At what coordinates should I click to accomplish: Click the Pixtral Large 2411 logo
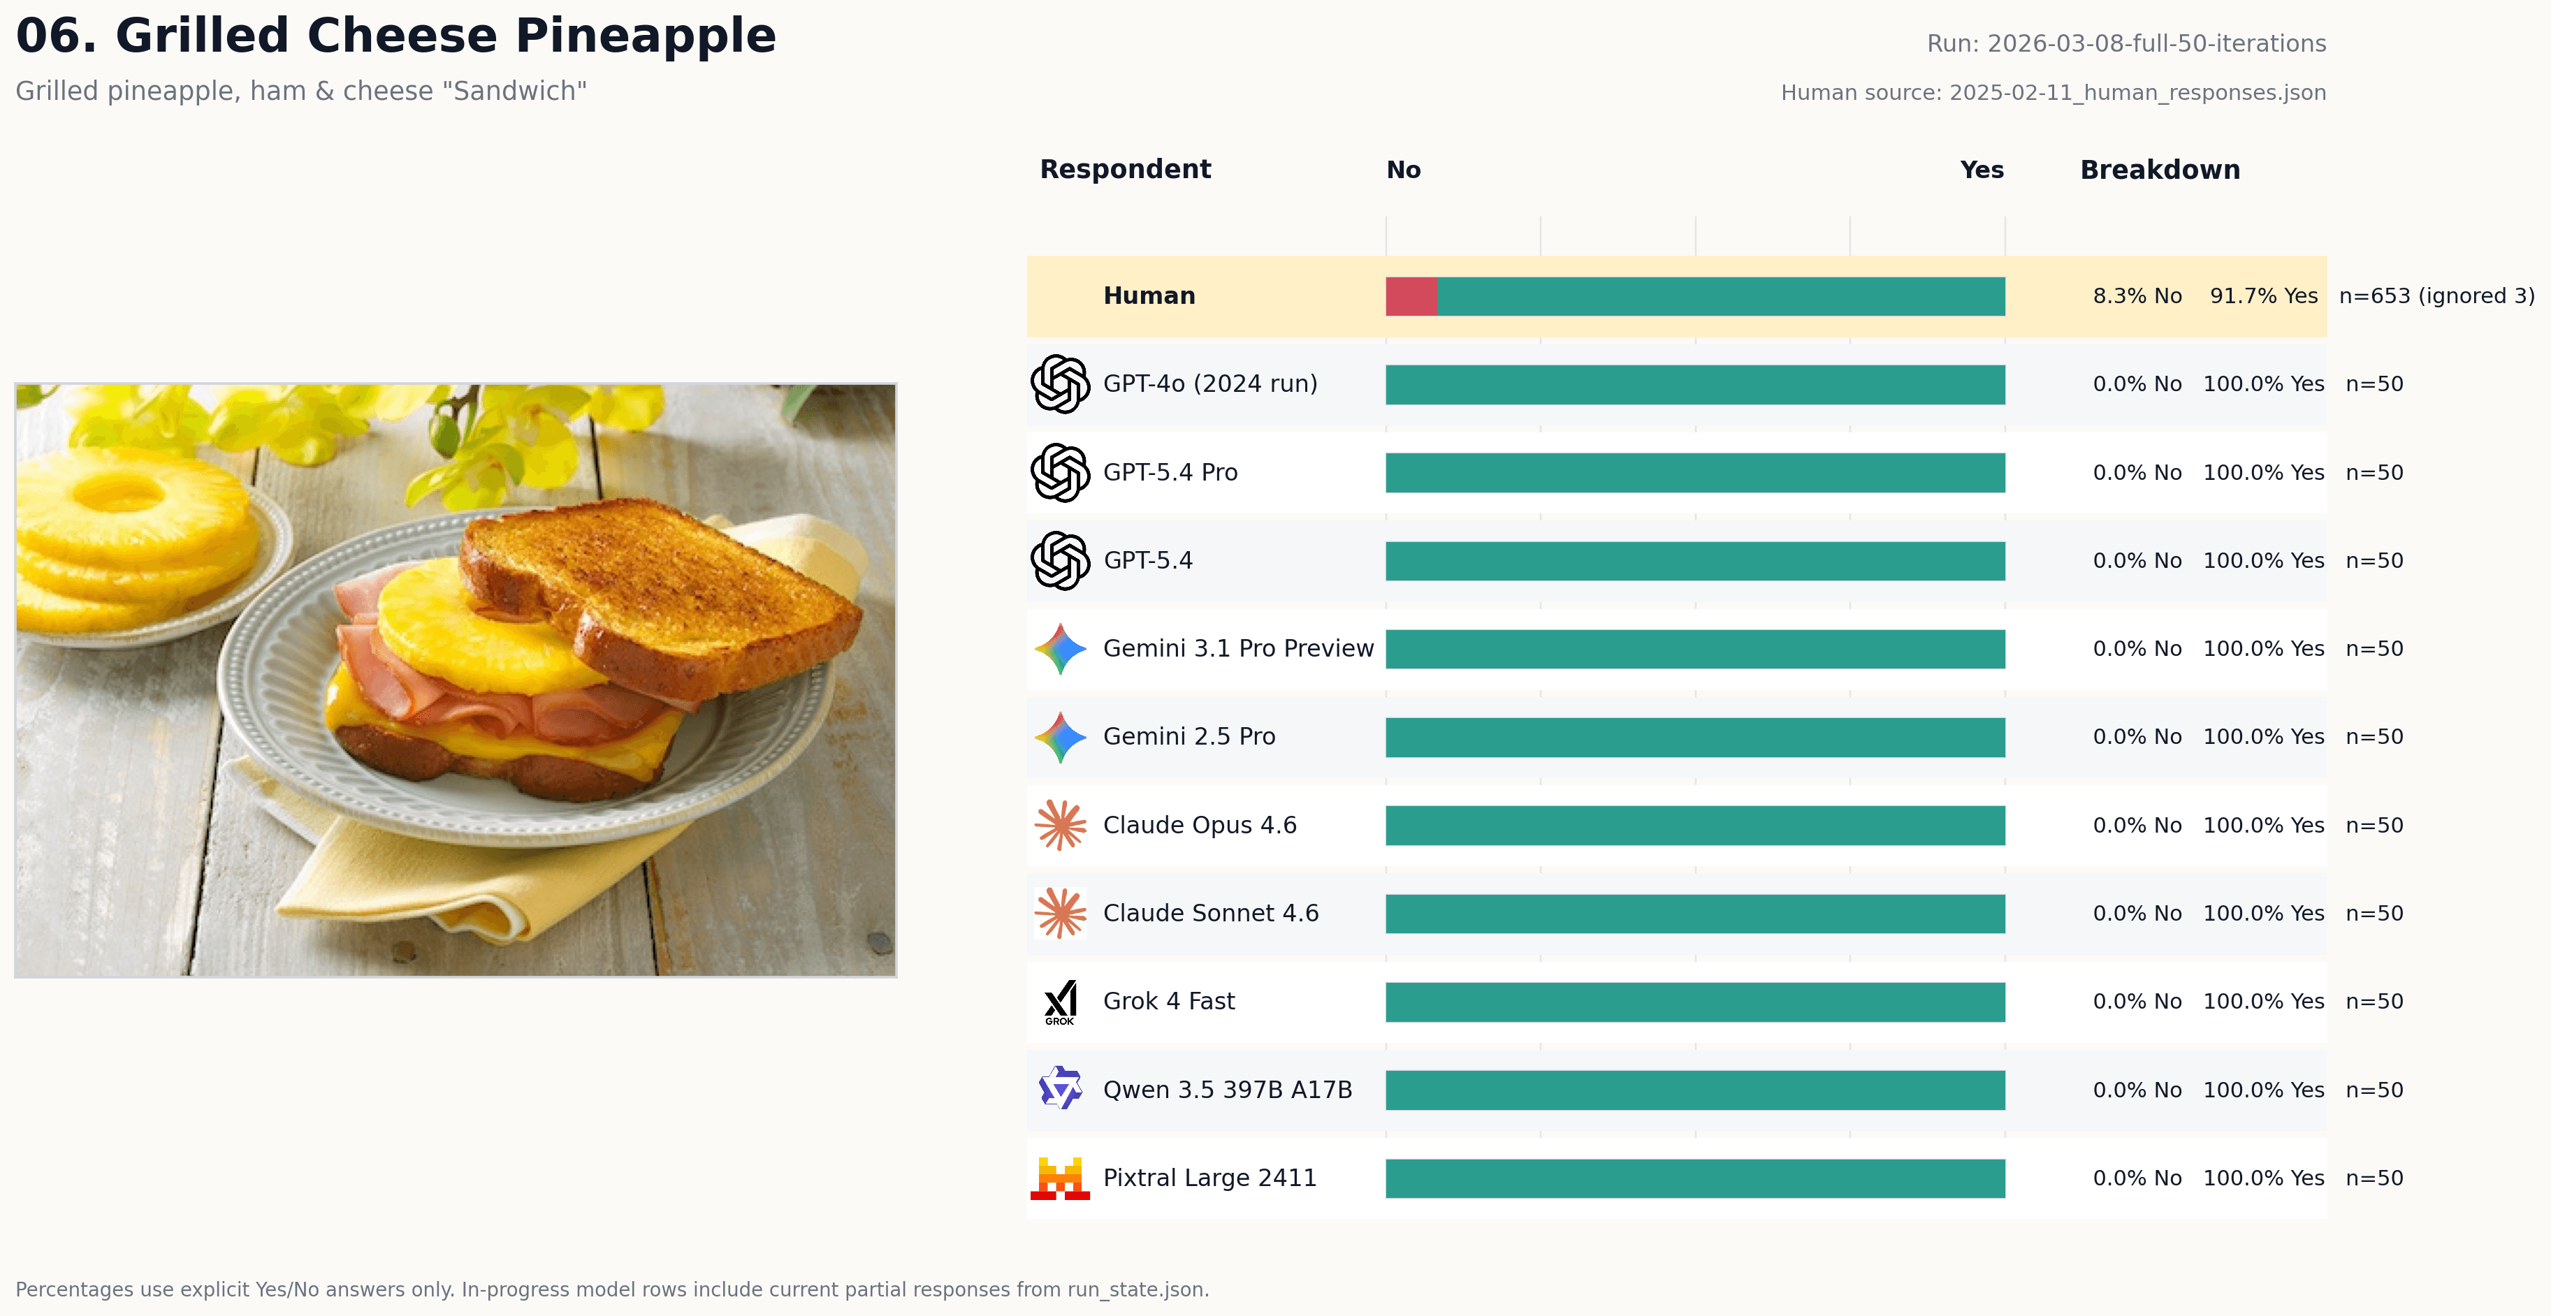coord(1060,1178)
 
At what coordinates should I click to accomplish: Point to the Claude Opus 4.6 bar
coord(1694,826)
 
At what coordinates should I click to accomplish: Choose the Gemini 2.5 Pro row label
coord(1189,737)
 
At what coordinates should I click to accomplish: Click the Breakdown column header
coord(2159,170)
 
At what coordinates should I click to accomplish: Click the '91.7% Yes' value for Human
coord(2263,296)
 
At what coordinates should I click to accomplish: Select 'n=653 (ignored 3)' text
coord(2436,296)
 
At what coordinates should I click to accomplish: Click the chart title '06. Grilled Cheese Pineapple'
coord(396,36)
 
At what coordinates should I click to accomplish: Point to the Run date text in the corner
coord(2125,43)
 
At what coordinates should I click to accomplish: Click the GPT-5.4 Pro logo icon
coord(1060,472)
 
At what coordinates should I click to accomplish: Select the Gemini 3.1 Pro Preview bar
coord(1694,650)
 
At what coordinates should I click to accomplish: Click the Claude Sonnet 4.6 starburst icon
coord(1060,913)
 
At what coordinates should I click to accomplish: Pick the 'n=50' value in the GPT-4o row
coord(2374,384)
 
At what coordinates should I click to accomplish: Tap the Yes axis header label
coord(1981,170)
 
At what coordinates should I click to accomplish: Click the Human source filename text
coord(2052,93)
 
